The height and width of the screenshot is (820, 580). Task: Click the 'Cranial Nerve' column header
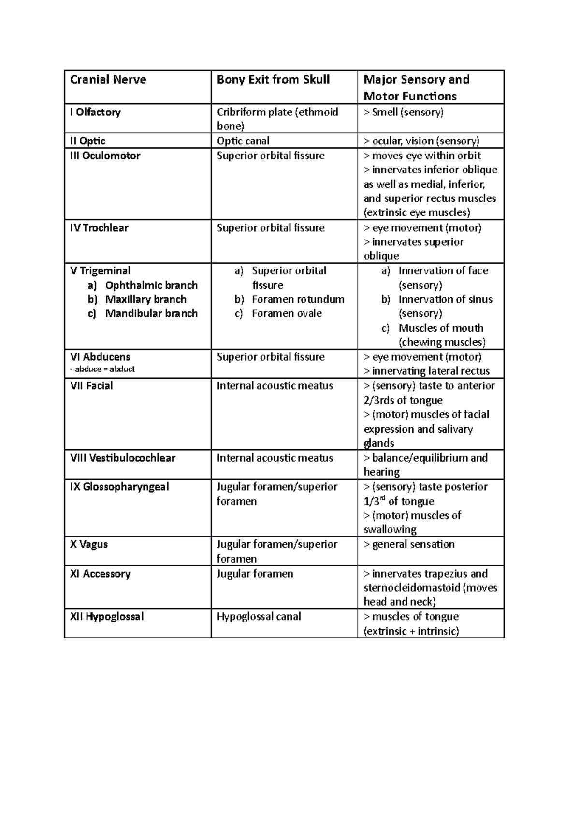(108, 80)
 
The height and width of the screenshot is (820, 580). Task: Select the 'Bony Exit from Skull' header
(273, 80)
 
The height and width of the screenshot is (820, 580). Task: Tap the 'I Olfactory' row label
(95, 112)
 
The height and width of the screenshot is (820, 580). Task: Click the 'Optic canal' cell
(243, 141)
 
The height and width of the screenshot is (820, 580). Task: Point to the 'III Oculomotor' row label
(105, 156)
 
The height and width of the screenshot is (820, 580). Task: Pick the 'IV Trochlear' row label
(99, 228)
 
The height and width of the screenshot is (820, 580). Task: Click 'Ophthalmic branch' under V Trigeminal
(151, 285)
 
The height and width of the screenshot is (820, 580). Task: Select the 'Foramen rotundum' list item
(298, 299)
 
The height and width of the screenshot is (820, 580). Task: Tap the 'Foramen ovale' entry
(287, 313)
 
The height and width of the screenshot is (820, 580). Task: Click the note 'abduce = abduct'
(102, 369)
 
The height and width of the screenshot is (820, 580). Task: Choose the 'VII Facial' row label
(91, 386)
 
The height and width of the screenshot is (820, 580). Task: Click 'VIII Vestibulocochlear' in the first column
(122, 458)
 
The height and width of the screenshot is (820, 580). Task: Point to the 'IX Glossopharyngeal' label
(119, 487)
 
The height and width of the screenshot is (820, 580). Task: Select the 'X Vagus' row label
(89, 544)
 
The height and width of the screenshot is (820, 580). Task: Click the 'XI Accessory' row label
(100, 574)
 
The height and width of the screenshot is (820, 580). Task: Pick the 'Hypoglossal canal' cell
(259, 617)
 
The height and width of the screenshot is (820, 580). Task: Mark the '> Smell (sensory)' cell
(403, 112)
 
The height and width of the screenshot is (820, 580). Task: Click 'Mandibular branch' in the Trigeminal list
(151, 313)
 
